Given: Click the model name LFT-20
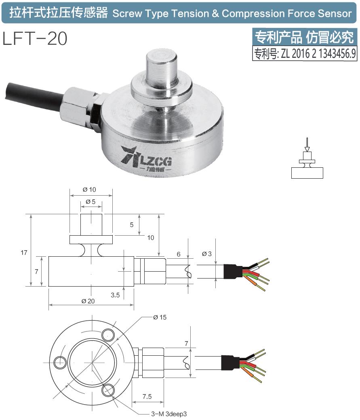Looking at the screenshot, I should (x=35, y=39).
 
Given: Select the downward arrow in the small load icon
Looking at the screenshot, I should (x=307, y=144).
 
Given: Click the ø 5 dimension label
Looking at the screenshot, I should (x=91, y=202).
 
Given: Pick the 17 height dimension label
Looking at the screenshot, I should (x=24, y=253).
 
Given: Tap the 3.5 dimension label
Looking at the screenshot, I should (x=115, y=295).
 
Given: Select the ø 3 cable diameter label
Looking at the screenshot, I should (x=206, y=253).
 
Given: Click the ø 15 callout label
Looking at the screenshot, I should (x=160, y=317).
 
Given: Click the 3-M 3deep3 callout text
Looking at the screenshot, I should (x=169, y=414).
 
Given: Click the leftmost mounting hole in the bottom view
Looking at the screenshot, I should (x=59, y=361).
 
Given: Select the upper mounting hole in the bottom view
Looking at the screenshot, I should (x=108, y=335).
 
